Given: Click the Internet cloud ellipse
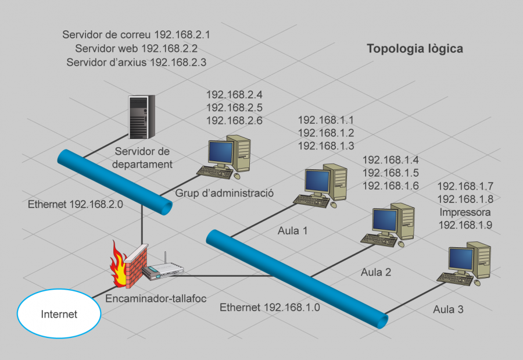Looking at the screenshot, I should click(x=58, y=315).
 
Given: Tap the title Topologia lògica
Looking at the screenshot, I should click(x=414, y=49).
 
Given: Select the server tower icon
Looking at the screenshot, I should click(x=141, y=117).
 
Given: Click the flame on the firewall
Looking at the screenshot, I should click(x=119, y=266).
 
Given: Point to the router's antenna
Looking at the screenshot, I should click(x=164, y=259).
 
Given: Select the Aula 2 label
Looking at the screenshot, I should click(x=376, y=272).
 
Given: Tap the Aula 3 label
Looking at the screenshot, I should click(x=448, y=309).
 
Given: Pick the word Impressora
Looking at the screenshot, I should click(x=465, y=212).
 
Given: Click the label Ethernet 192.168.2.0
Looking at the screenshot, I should click(x=76, y=205).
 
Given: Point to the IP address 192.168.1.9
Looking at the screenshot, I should click(x=465, y=224).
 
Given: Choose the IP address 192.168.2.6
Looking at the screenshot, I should click(x=234, y=121).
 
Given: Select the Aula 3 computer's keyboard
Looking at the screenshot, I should click(x=456, y=279).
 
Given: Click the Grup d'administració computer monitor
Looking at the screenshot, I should click(x=221, y=153).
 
